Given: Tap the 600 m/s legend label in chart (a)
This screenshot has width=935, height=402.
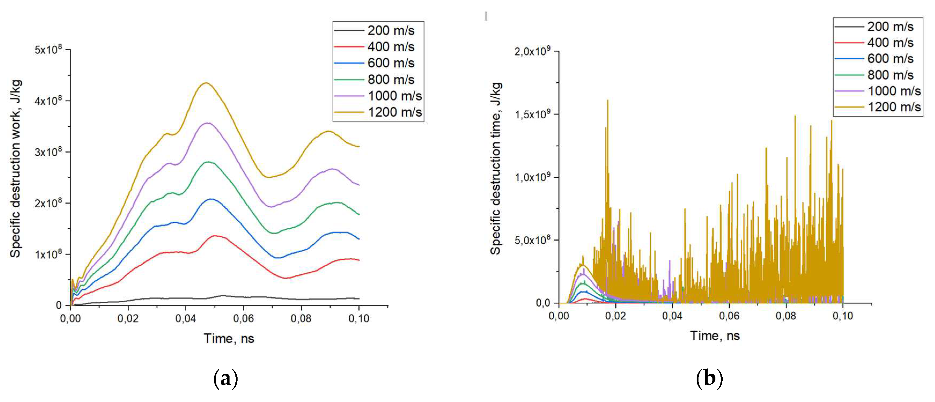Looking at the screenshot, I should coord(391,63).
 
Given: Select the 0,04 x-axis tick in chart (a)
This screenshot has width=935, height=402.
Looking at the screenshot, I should coord(186,319).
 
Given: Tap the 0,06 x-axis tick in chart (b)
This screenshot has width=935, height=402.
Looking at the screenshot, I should coord(729,316).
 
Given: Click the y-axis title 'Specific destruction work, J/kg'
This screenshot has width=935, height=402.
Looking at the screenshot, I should coord(15,169).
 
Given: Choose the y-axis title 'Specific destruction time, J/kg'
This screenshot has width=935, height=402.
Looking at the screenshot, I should coord(496,169).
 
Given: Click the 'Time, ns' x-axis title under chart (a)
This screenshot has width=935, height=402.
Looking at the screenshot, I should coord(229,338).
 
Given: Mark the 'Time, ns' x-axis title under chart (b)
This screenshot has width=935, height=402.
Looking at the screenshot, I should coord(715,335).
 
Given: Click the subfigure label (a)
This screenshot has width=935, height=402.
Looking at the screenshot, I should coord(226,379).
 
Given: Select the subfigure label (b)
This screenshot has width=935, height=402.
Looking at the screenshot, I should coord(709,379).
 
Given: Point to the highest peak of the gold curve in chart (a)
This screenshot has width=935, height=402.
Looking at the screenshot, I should coord(206,83).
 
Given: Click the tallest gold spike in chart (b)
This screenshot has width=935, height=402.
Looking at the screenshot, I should coord(608,101).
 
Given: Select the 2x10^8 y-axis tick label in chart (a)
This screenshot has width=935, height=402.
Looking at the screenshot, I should coord(48,203).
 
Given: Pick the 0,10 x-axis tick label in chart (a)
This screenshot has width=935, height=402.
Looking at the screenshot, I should coord(359,319).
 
